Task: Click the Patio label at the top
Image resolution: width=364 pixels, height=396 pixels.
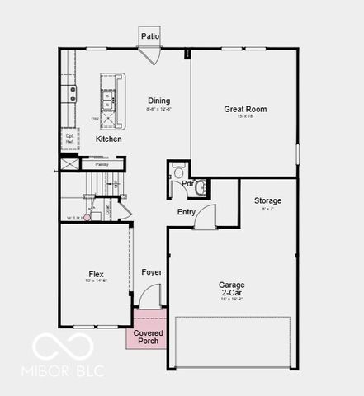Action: click(149, 36)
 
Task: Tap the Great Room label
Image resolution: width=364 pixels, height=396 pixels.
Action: click(245, 109)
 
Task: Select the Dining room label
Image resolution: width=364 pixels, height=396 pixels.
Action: click(158, 101)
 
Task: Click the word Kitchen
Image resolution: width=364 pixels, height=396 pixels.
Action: click(108, 139)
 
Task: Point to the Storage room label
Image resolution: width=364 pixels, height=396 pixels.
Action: click(267, 200)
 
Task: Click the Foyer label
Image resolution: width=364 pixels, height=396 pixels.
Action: click(151, 271)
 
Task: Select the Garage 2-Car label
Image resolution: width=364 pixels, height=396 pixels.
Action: click(231, 290)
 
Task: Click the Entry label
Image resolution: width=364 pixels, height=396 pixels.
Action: click(187, 212)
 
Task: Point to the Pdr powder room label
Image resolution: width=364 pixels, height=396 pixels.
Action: click(188, 183)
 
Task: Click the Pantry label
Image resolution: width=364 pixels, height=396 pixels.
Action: click(102, 164)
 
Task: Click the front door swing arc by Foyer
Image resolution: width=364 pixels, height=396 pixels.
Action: click(149, 295)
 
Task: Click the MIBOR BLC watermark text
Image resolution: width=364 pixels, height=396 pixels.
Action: click(69, 371)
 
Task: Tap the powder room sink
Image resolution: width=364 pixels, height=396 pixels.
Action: click(201, 187)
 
